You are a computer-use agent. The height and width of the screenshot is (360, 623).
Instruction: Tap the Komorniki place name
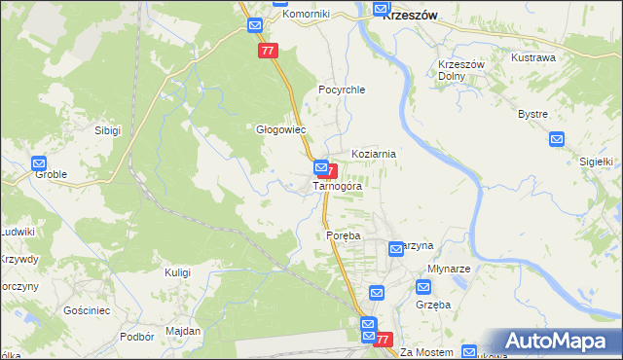point(306,15)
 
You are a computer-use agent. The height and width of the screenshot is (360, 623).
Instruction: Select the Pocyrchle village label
point(341,90)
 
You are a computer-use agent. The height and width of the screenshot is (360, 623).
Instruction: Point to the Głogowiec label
point(280,129)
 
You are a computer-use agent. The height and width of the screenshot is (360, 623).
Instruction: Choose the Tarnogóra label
point(338,186)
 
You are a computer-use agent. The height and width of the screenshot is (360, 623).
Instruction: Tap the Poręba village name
point(343,236)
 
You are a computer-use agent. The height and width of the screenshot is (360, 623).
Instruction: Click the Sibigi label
point(107,129)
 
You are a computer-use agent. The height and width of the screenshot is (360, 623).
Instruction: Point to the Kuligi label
point(177,272)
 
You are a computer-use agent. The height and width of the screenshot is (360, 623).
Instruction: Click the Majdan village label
point(183,331)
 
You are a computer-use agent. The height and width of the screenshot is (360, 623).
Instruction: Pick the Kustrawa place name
point(533,57)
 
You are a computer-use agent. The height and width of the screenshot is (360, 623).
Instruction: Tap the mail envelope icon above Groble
point(39,164)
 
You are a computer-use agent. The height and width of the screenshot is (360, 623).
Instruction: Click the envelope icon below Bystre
point(556,139)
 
